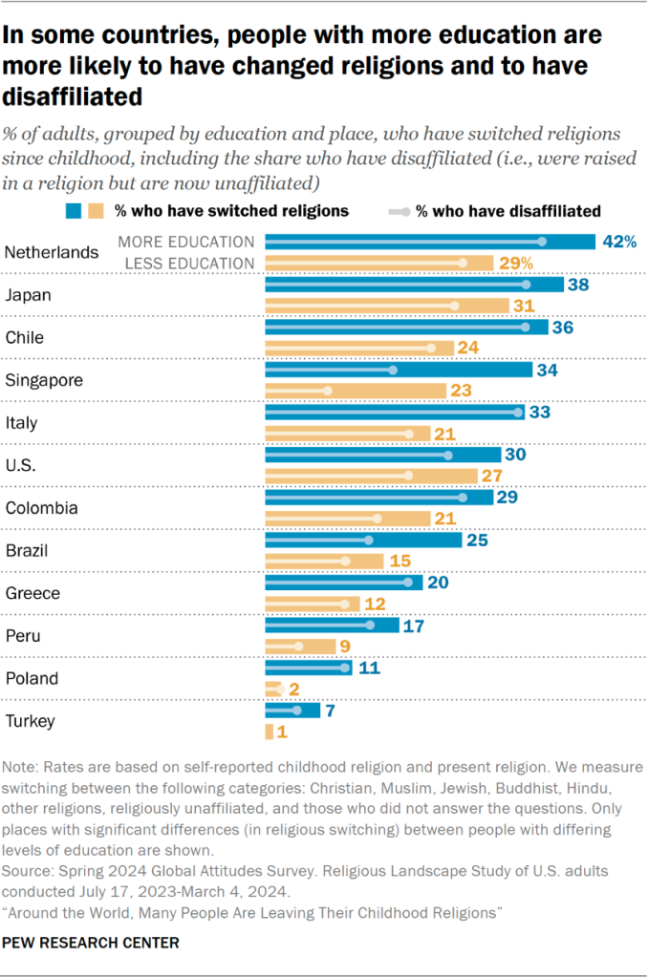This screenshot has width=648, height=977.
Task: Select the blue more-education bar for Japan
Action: click(x=414, y=285)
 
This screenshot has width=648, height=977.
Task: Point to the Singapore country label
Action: click(x=44, y=380)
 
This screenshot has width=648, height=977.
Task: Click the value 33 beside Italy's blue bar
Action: click(x=541, y=412)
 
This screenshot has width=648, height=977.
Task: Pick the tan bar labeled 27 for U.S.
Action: click(x=371, y=475)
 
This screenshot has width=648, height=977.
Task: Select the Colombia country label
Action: click(x=41, y=508)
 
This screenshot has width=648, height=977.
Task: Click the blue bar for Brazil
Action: click(x=363, y=540)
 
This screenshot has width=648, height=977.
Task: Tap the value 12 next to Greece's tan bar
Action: click(x=375, y=604)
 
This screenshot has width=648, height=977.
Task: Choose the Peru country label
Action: click(x=23, y=635)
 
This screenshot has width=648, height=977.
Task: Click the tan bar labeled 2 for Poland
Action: click(x=273, y=689)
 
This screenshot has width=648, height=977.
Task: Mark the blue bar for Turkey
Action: click(x=292, y=710)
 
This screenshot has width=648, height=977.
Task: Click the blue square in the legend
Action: click(x=73, y=210)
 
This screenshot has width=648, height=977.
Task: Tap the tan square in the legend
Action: click(x=96, y=210)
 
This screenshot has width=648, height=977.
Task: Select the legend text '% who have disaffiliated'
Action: click(x=508, y=210)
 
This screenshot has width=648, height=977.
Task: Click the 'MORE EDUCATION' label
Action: click(x=185, y=242)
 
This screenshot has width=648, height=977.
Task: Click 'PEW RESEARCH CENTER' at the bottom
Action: click(x=92, y=942)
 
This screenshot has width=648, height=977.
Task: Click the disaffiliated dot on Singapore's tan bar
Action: click(x=328, y=391)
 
